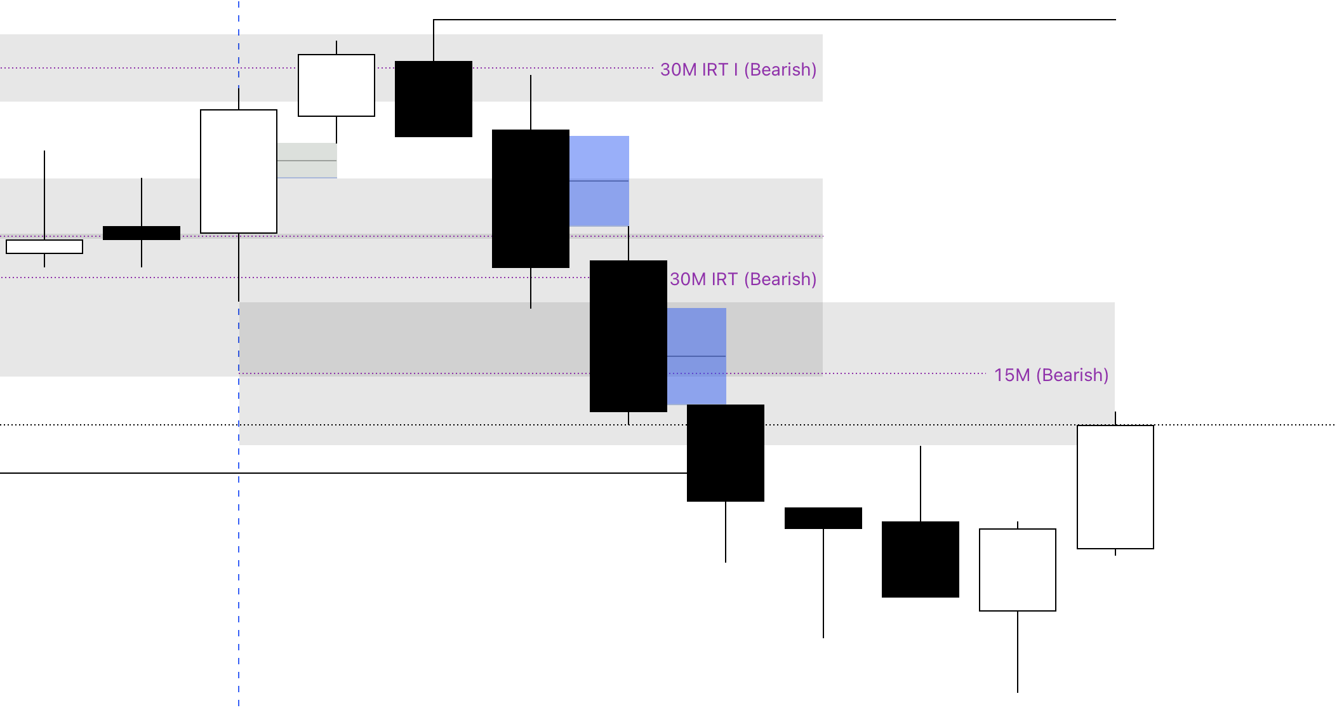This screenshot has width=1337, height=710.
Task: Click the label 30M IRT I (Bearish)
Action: pos(738,69)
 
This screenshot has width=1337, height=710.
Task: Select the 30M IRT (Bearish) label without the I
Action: pos(743,279)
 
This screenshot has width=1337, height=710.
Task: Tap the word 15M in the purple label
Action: pos(1012,375)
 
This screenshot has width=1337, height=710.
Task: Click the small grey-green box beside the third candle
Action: pos(307,160)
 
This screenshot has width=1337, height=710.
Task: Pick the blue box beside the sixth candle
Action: pos(599,181)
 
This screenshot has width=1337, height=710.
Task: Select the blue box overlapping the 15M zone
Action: pos(696,356)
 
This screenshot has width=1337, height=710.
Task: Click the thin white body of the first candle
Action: pos(44,246)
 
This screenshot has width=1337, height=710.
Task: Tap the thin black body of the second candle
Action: pos(142,233)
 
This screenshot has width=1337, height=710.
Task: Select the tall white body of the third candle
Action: pos(239,171)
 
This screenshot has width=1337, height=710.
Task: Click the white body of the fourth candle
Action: pos(336,85)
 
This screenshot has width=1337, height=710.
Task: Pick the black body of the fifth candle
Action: pos(434,99)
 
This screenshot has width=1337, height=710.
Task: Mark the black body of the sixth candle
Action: pos(531,199)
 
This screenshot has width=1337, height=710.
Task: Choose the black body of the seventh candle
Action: pos(629,336)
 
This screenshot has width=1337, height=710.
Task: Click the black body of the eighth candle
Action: pos(726,453)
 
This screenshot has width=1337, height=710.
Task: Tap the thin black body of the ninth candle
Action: pos(823,518)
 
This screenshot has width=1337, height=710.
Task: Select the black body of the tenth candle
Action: pos(921,559)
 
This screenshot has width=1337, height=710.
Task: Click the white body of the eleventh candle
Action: pos(1018,570)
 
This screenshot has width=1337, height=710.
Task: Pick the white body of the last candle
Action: pos(1115,487)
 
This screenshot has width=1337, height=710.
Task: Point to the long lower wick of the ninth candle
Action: pos(823,584)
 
